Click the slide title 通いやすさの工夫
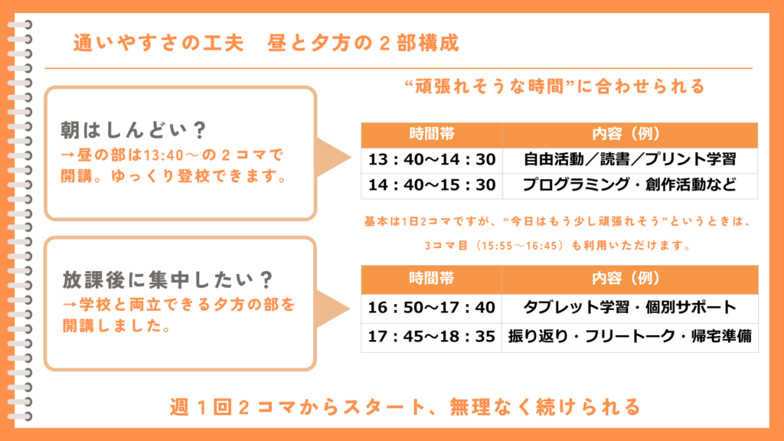pos(158,43)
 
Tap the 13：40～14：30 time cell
pos(432,159)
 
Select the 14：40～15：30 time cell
pos(432,185)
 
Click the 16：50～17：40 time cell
pos(432,308)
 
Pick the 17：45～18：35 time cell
pos(432,337)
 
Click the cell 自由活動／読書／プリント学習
pos(630,159)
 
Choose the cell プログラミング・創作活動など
pos(630,185)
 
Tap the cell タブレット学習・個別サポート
pos(630,308)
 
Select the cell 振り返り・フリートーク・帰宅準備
pos(630,337)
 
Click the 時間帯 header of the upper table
pos(432,135)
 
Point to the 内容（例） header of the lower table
pos(630,279)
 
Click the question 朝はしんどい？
pos(133,130)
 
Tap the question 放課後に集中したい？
pos(168,280)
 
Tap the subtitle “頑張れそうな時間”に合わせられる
pos(554,87)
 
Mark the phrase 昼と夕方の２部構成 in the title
pos(363,43)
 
